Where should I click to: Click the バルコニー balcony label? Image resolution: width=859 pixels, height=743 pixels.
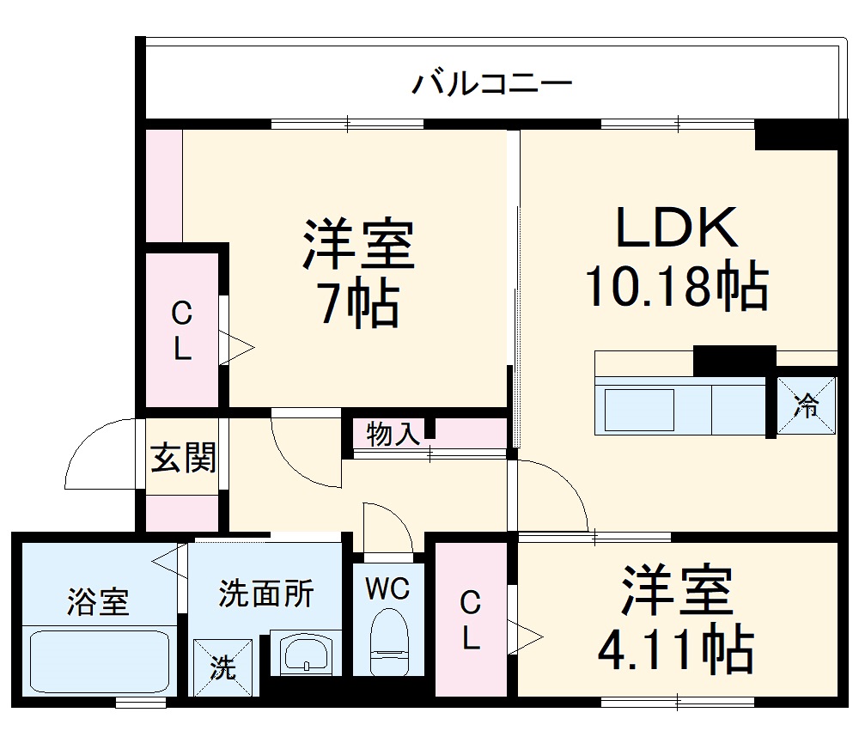(491, 84)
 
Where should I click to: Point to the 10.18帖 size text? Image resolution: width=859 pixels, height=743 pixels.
(676, 286)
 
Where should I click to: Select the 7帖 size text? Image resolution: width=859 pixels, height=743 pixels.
(359, 302)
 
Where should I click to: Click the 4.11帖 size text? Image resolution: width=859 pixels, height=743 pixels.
(676, 650)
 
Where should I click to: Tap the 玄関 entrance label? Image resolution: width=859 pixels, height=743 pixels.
(183, 460)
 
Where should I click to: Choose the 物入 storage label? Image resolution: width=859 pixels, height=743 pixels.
(393, 435)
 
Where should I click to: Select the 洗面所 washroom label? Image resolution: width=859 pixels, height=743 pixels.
(266, 593)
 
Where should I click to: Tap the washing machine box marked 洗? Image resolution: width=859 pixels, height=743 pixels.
(223, 667)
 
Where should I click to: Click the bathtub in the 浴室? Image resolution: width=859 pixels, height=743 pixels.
(99, 664)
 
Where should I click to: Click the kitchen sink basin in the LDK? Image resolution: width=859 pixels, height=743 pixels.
(639, 410)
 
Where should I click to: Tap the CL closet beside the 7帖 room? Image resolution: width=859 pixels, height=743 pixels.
(181, 330)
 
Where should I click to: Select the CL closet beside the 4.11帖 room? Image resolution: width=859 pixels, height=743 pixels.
(470, 620)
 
